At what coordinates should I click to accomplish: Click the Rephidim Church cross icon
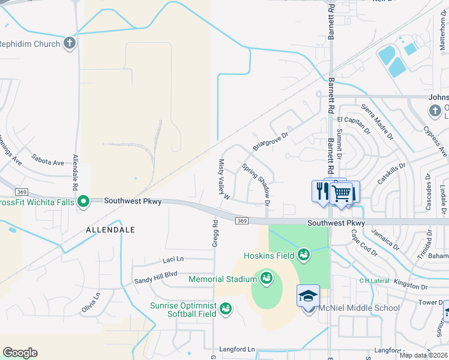coord(70,44)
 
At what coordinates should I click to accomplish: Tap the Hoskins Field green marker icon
coord(304,256)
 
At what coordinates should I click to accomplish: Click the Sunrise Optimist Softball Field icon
coord(226,308)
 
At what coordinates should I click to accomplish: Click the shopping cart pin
coord(342,193)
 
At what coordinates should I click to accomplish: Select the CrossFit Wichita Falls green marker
coord(84,202)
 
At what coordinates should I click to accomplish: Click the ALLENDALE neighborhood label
coord(110,230)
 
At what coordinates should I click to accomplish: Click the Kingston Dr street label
coord(412,283)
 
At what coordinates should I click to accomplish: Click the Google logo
coord(20,353)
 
